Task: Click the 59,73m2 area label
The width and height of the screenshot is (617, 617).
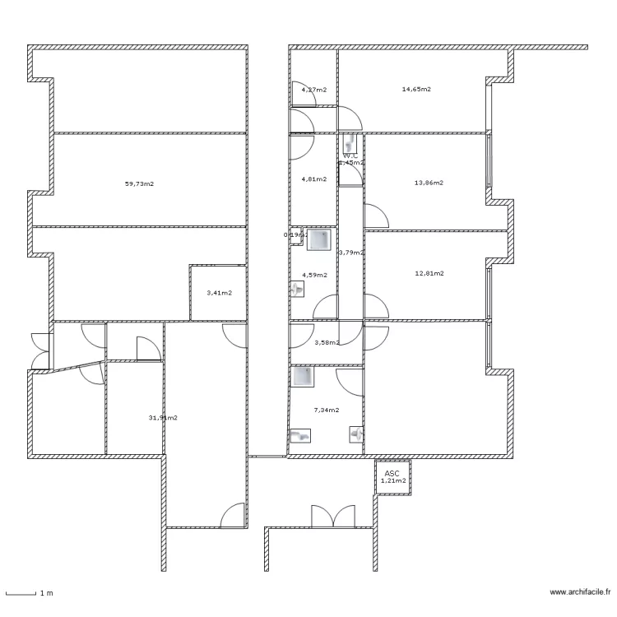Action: [x=140, y=184]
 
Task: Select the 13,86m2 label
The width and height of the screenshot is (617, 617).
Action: [x=429, y=183]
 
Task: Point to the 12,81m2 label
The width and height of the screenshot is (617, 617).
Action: [x=429, y=273]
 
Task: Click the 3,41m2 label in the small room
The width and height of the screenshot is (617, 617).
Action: [x=219, y=292]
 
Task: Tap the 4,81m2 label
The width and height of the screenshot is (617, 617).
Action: [x=313, y=179]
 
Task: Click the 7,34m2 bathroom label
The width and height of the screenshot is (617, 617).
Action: [x=327, y=409]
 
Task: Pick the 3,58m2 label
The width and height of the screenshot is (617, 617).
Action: [x=327, y=342]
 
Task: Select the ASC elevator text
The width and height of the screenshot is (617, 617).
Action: [x=392, y=474]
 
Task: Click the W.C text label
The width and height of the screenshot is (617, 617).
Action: [x=350, y=155]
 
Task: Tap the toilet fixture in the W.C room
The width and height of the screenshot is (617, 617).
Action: [x=350, y=141]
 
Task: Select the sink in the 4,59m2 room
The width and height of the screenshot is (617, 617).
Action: [x=297, y=289]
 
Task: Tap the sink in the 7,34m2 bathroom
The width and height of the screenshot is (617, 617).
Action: [x=356, y=432]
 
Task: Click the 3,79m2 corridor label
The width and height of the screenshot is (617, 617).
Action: [x=351, y=253]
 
